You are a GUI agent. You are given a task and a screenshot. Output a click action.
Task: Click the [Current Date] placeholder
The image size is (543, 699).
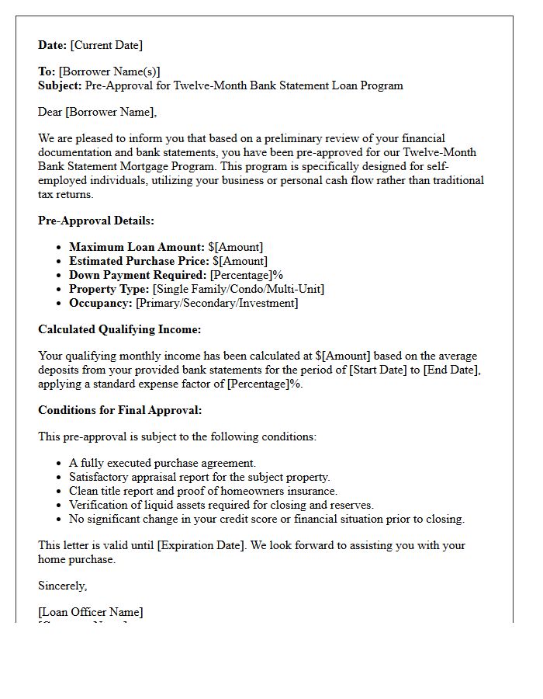(106, 45)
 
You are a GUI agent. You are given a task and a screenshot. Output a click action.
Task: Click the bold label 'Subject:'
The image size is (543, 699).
(60, 85)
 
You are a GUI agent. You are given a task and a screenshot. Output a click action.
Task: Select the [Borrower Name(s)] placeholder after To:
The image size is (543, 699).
(109, 71)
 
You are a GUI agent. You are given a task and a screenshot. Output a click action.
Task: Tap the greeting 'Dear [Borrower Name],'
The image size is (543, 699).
(97, 112)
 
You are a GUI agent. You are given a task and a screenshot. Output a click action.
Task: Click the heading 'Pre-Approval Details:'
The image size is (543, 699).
(96, 221)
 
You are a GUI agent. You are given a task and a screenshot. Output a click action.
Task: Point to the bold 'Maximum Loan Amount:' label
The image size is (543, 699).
(137, 247)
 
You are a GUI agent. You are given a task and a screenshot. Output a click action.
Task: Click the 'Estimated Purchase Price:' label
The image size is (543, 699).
(139, 261)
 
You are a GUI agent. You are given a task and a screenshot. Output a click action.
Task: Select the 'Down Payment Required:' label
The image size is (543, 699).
(138, 275)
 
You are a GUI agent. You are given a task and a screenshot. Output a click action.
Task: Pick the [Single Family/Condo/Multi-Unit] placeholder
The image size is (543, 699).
(238, 289)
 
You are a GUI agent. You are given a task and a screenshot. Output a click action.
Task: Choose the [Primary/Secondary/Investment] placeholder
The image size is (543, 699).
(216, 303)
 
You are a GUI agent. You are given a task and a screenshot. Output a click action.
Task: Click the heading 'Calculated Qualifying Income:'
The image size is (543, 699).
(119, 329)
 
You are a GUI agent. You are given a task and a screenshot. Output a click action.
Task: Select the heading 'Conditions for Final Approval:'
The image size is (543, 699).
(119, 410)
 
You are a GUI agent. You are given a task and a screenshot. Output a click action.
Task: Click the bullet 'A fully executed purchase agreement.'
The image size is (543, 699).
(162, 463)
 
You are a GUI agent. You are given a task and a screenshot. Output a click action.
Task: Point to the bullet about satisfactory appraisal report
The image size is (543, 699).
(199, 477)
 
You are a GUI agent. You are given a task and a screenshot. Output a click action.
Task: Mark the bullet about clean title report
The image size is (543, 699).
(203, 491)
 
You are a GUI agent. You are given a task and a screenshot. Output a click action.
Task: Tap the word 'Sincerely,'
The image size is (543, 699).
(63, 586)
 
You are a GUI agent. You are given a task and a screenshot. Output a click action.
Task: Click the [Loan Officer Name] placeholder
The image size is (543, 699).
(91, 612)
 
